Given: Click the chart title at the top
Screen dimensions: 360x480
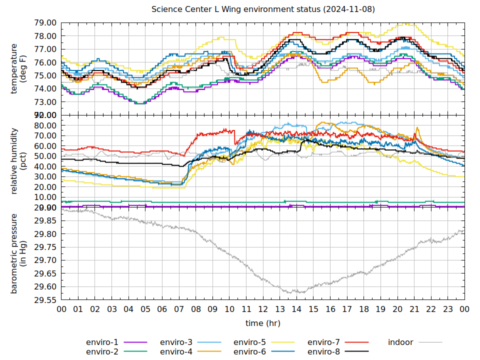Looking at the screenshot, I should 263,9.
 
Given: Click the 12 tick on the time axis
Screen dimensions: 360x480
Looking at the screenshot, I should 263,309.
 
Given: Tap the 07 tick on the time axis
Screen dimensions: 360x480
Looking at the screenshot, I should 179,309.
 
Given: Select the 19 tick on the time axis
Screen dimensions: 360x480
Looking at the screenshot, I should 380,309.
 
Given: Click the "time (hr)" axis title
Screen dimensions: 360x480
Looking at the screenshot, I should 263,323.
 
